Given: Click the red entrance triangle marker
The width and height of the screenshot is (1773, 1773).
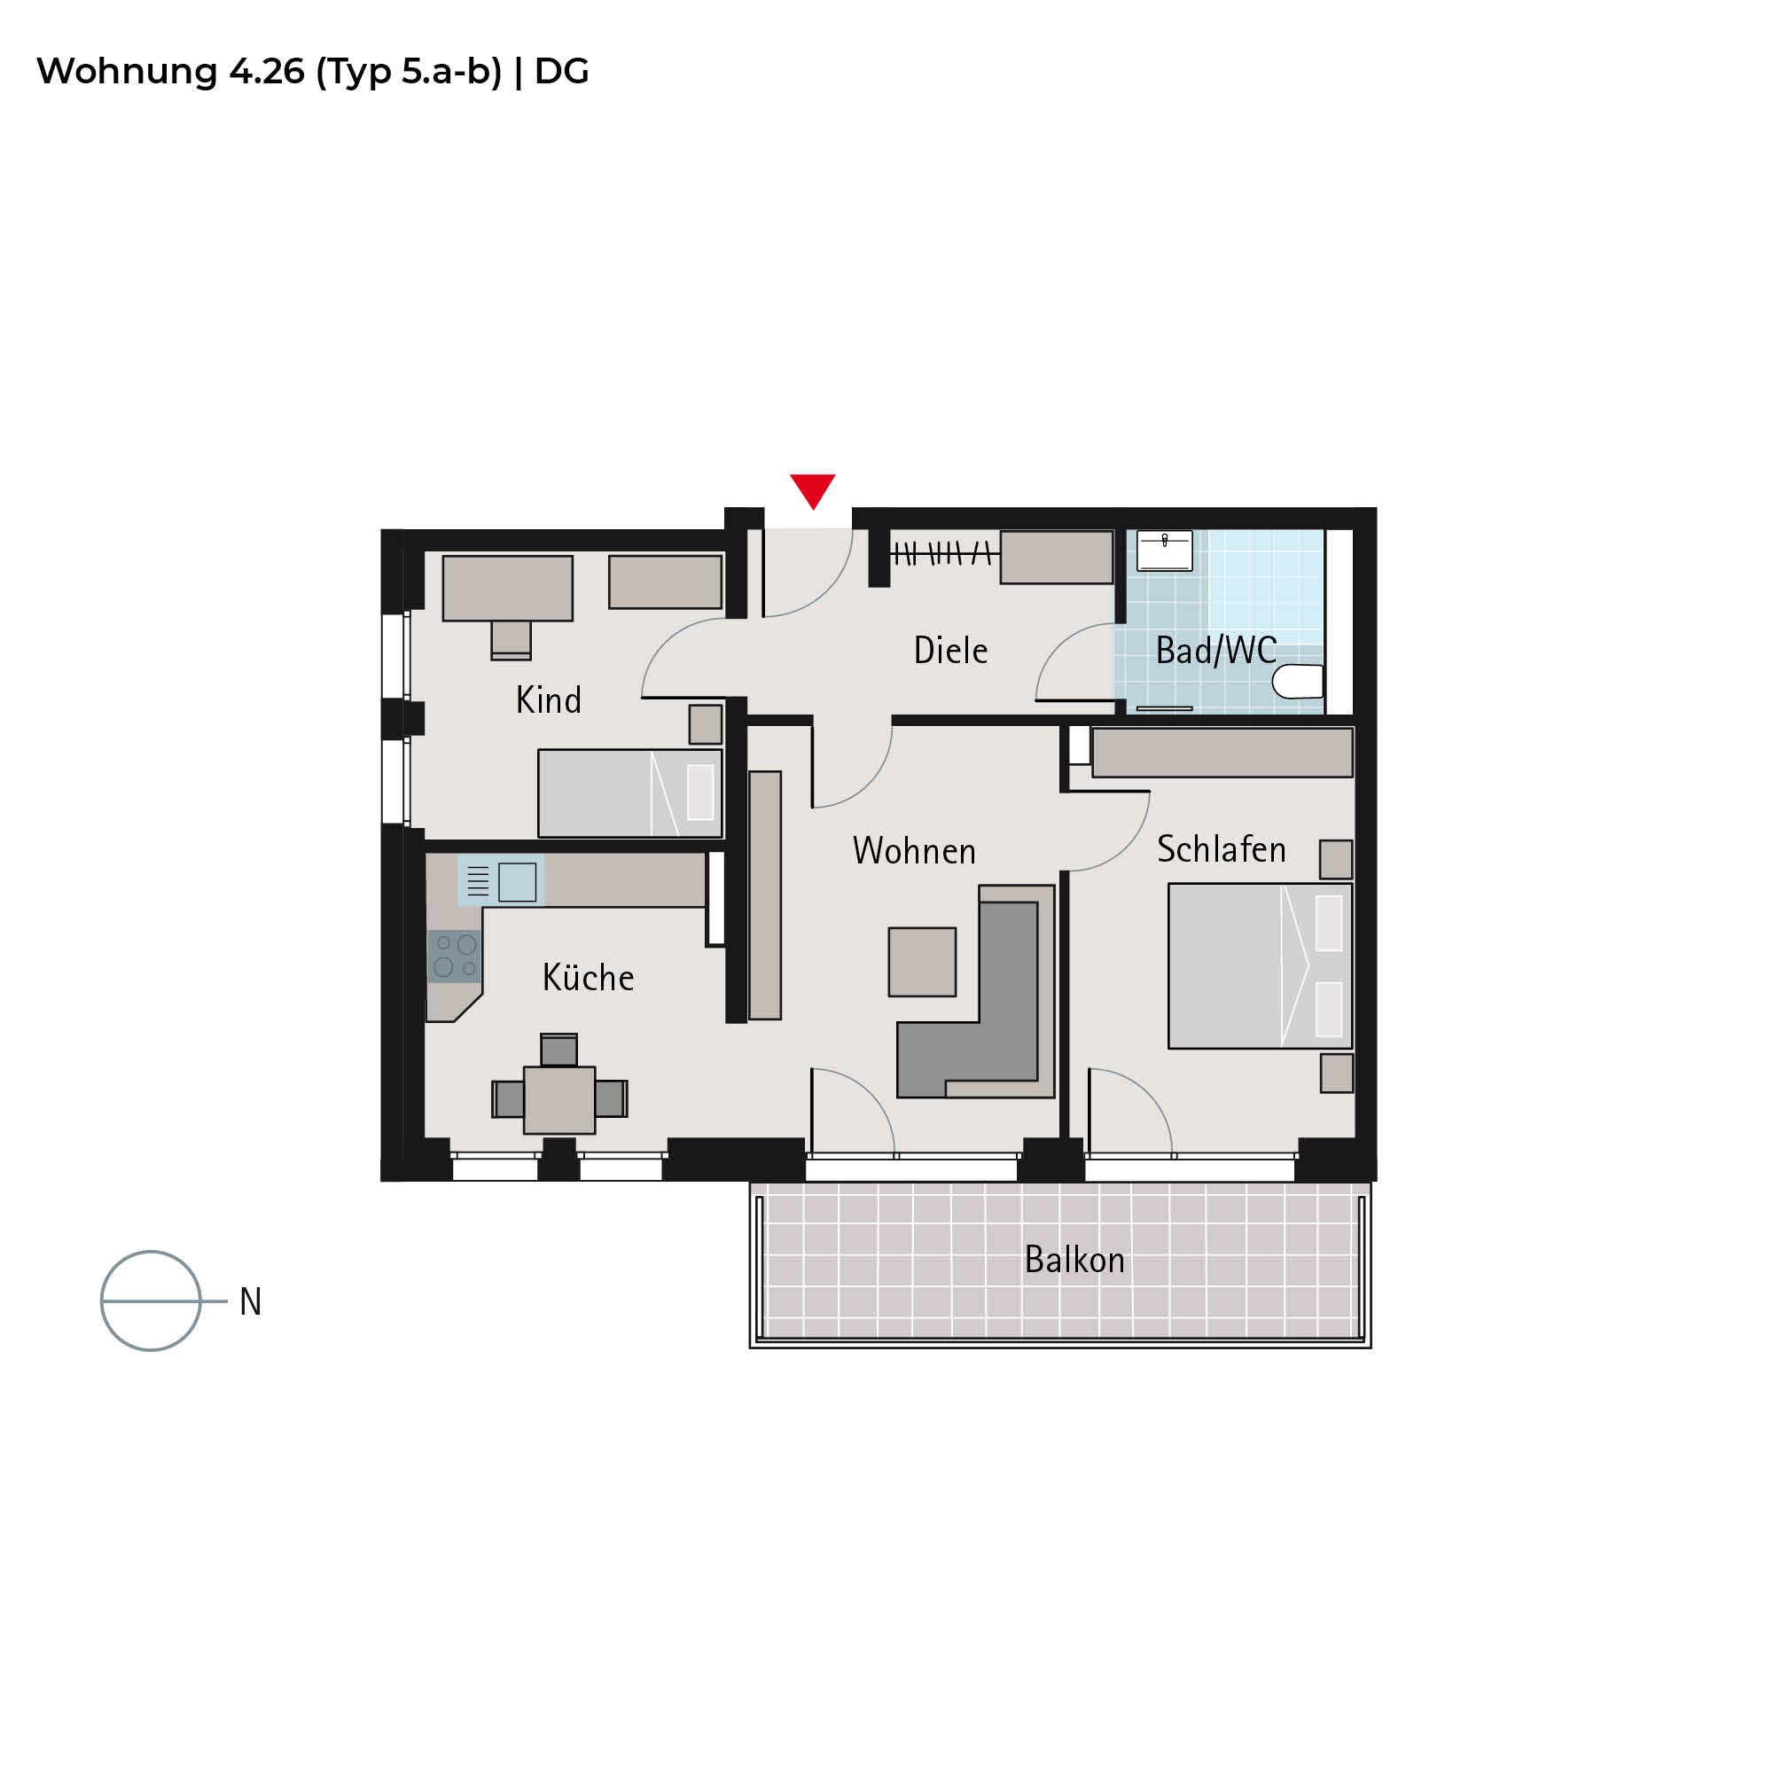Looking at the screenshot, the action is point(812,489).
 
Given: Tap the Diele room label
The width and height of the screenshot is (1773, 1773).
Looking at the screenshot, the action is point(950,651).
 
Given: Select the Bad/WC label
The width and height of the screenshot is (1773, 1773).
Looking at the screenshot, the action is point(1216,651).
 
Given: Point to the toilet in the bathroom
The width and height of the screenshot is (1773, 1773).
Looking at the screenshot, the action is point(1298,681).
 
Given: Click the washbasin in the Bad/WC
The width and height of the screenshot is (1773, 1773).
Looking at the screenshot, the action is point(1165,551).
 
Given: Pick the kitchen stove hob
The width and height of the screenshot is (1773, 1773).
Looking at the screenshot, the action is point(454,956).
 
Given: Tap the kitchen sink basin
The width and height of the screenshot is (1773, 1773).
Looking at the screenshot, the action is point(518,882).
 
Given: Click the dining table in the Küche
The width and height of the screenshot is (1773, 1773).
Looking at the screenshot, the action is point(558,1099).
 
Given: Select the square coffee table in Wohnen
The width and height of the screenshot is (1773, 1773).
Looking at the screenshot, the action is point(922,962).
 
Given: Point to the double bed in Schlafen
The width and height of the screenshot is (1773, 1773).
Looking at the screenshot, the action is point(1260,965).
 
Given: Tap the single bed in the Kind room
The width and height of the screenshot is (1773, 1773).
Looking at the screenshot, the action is point(629,793).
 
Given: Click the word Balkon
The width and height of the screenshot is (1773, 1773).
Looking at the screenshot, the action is point(1074,1260).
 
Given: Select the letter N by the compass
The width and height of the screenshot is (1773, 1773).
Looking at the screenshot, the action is point(251,1301).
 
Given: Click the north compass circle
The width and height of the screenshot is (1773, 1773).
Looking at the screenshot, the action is point(151,1252).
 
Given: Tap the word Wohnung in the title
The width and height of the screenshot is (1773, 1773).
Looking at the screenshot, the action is point(127,73).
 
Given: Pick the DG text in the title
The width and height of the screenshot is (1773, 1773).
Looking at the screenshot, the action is point(562,71).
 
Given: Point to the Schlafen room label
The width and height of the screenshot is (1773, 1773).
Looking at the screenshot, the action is point(1222,849).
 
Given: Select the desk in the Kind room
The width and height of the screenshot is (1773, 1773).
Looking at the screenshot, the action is point(507,589).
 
